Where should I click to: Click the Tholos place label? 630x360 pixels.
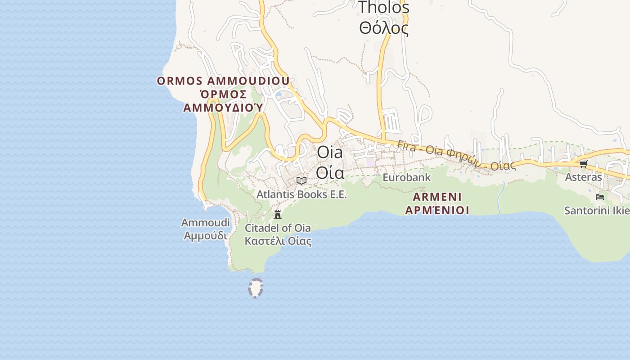pyautogui.click(x=384, y=7)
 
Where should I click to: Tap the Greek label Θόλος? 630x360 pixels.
pyautogui.click(x=384, y=28)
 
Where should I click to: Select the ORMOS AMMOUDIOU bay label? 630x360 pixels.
pyautogui.click(x=223, y=81)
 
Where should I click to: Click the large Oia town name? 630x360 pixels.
pyautogui.click(x=330, y=152)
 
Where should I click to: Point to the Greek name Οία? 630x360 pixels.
pyautogui.click(x=330, y=172)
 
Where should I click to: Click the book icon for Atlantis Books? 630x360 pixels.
pyautogui.click(x=301, y=180)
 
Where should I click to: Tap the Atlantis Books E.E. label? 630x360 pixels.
pyautogui.click(x=301, y=194)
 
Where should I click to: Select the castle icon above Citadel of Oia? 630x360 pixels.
pyautogui.click(x=278, y=214)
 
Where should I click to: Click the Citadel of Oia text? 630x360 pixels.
pyautogui.click(x=278, y=228)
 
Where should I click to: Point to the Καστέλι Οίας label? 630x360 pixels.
pyautogui.click(x=278, y=241)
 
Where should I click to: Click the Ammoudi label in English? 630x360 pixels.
pyautogui.click(x=206, y=223)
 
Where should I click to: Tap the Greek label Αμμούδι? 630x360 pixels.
pyautogui.click(x=206, y=235)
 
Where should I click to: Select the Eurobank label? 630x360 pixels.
pyautogui.click(x=406, y=177)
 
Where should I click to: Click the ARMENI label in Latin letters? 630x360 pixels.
pyautogui.click(x=437, y=197)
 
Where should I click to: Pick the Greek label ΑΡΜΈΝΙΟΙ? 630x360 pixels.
pyautogui.click(x=437, y=210)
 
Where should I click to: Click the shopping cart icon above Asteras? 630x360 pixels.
pyautogui.click(x=584, y=164)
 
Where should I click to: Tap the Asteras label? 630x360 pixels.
pyautogui.click(x=584, y=177)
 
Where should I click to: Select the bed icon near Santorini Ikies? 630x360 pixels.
pyautogui.click(x=599, y=197)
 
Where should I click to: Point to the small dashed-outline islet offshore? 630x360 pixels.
pyautogui.click(x=256, y=288)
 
